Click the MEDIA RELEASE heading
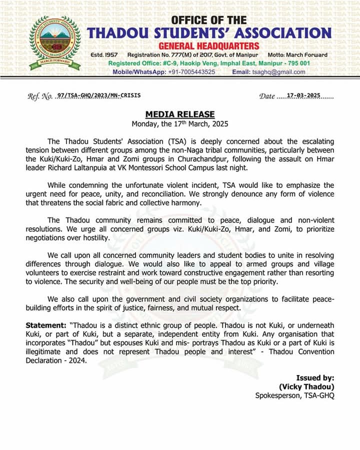(180, 114)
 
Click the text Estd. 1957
(104, 54)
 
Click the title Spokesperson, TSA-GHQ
(294, 395)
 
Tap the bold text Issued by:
(315, 378)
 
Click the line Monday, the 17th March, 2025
(180, 124)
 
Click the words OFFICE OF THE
(209, 20)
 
